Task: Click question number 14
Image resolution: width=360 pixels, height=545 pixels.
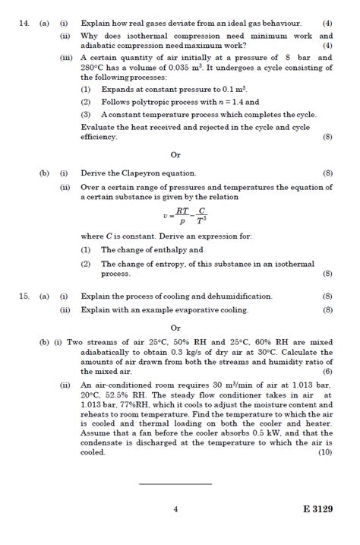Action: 24,24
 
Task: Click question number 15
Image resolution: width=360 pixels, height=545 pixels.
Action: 24,296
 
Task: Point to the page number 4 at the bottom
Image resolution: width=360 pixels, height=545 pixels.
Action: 175,509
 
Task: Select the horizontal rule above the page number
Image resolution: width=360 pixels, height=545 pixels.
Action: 175,483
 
